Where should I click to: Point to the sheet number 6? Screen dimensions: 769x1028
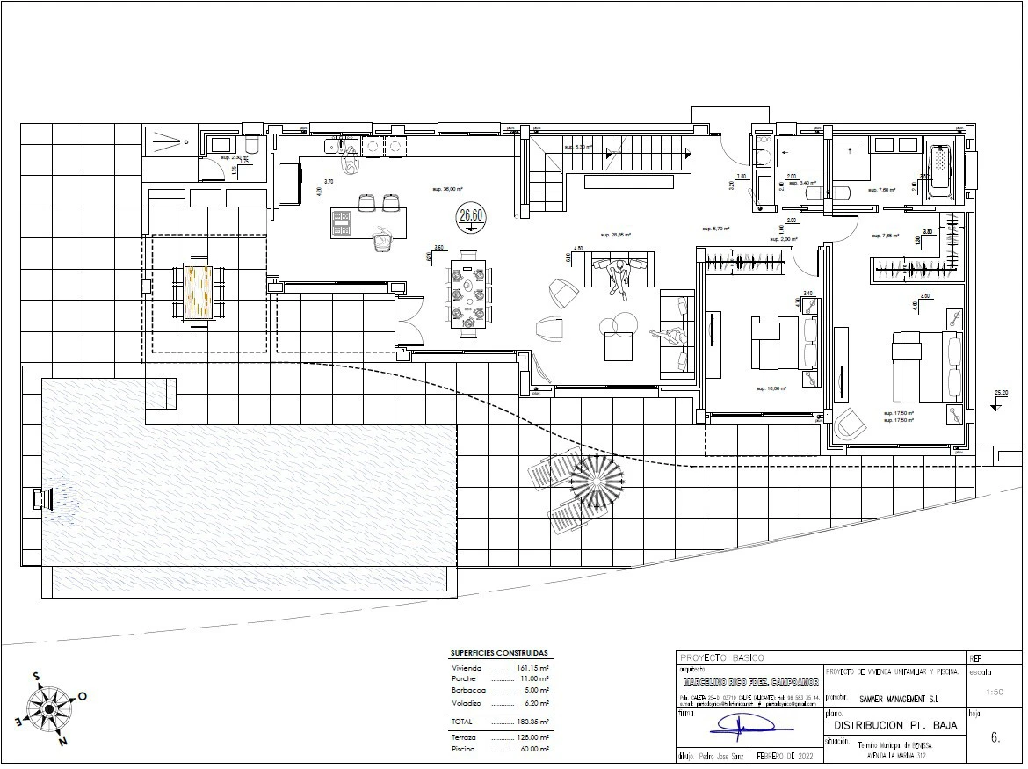coord(995,738)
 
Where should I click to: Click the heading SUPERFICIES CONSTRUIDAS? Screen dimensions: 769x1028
coord(498,654)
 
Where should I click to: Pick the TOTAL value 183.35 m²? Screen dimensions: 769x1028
coord(532,721)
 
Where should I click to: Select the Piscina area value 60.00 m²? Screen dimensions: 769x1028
coord(532,749)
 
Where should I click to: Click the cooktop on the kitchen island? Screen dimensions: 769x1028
coord(343,224)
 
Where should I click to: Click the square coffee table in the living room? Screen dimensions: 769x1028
coord(619,349)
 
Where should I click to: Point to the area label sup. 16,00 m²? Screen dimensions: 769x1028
coord(771,388)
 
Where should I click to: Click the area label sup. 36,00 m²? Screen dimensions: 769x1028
coord(447,189)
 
